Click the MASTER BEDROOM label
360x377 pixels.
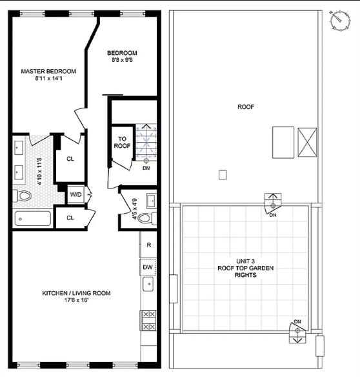[x=48, y=71]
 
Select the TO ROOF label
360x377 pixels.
[x=122, y=142]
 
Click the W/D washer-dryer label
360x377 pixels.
[x=75, y=194]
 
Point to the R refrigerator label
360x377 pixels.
[x=148, y=245]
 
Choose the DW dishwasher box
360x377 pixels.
[x=148, y=267]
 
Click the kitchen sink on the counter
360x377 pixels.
[x=149, y=283]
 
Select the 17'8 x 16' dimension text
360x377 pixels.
[x=76, y=301]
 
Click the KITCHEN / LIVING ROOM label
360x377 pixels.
[x=76, y=293]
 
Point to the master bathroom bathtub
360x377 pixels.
[x=32, y=219]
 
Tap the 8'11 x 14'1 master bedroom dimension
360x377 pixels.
[x=48, y=79]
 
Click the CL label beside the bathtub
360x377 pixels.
[x=70, y=218]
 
